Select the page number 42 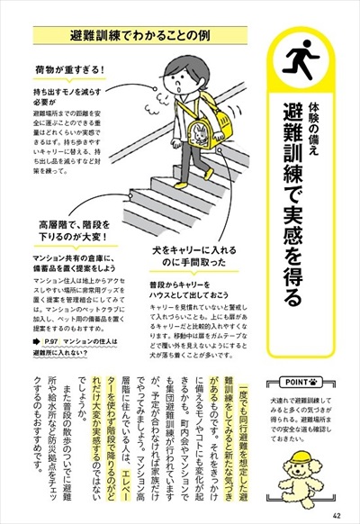click(335, 514)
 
